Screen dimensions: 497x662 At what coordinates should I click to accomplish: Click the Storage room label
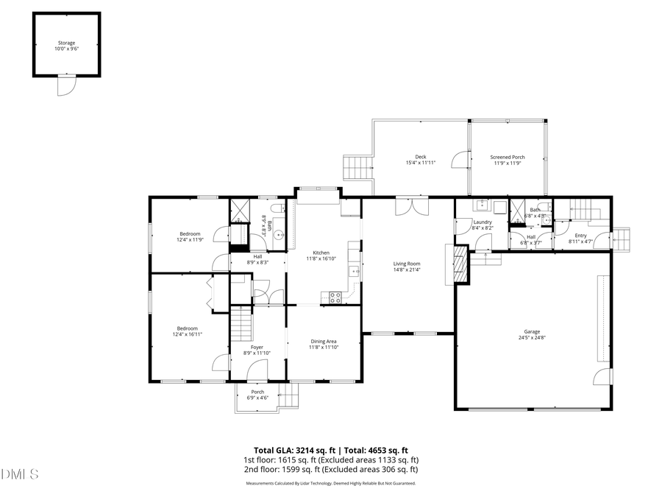(x=66, y=43)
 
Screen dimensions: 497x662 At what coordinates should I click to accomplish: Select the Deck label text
(x=420, y=156)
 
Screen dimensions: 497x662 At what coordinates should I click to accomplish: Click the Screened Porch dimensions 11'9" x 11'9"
(x=508, y=163)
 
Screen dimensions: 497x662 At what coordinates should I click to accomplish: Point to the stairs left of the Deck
(x=357, y=166)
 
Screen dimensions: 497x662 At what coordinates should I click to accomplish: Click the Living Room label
(x=406, y=263)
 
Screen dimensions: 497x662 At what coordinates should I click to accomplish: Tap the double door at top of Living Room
(x=407, y=207)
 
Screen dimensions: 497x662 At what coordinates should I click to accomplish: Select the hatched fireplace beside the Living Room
(x=460, y=263)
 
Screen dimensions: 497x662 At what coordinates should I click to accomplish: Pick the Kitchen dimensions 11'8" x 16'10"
(x=321, y=258)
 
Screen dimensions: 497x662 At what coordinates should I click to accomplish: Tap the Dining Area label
(x=324, y=341)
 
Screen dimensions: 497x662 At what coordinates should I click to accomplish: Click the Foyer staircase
(x=241, y=322)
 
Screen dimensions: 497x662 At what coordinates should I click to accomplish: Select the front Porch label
(x=257, y=392)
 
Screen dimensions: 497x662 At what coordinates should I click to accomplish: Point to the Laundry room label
(x=483, y=222)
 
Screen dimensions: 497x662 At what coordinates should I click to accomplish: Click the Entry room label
(x=580, y=235)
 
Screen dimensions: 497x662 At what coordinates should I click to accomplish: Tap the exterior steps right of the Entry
(x=622, y=239)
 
